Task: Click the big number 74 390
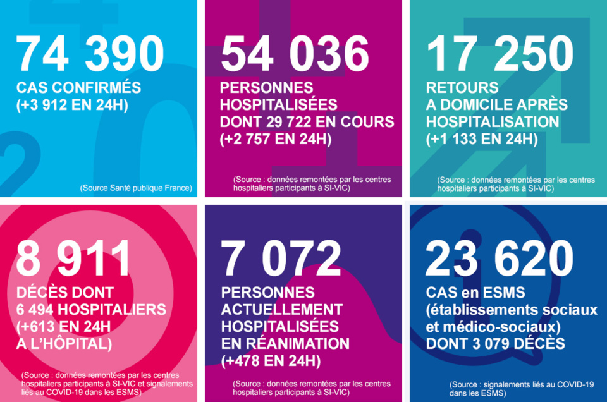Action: (x=90, y=54)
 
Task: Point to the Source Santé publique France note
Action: (x=136, y=188)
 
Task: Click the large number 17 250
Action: (x=500, y=54)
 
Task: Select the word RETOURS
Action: (x=462, y=88)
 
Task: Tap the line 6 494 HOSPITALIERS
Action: (x=91, y=310)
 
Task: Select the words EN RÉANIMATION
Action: (x=285, y=344)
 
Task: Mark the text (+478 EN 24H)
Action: (x=271, y=361)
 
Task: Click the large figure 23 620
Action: (x=500, y=259)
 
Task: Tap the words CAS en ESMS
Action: (x=471, y=293)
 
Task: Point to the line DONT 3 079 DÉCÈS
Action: (x=496, y=344)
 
